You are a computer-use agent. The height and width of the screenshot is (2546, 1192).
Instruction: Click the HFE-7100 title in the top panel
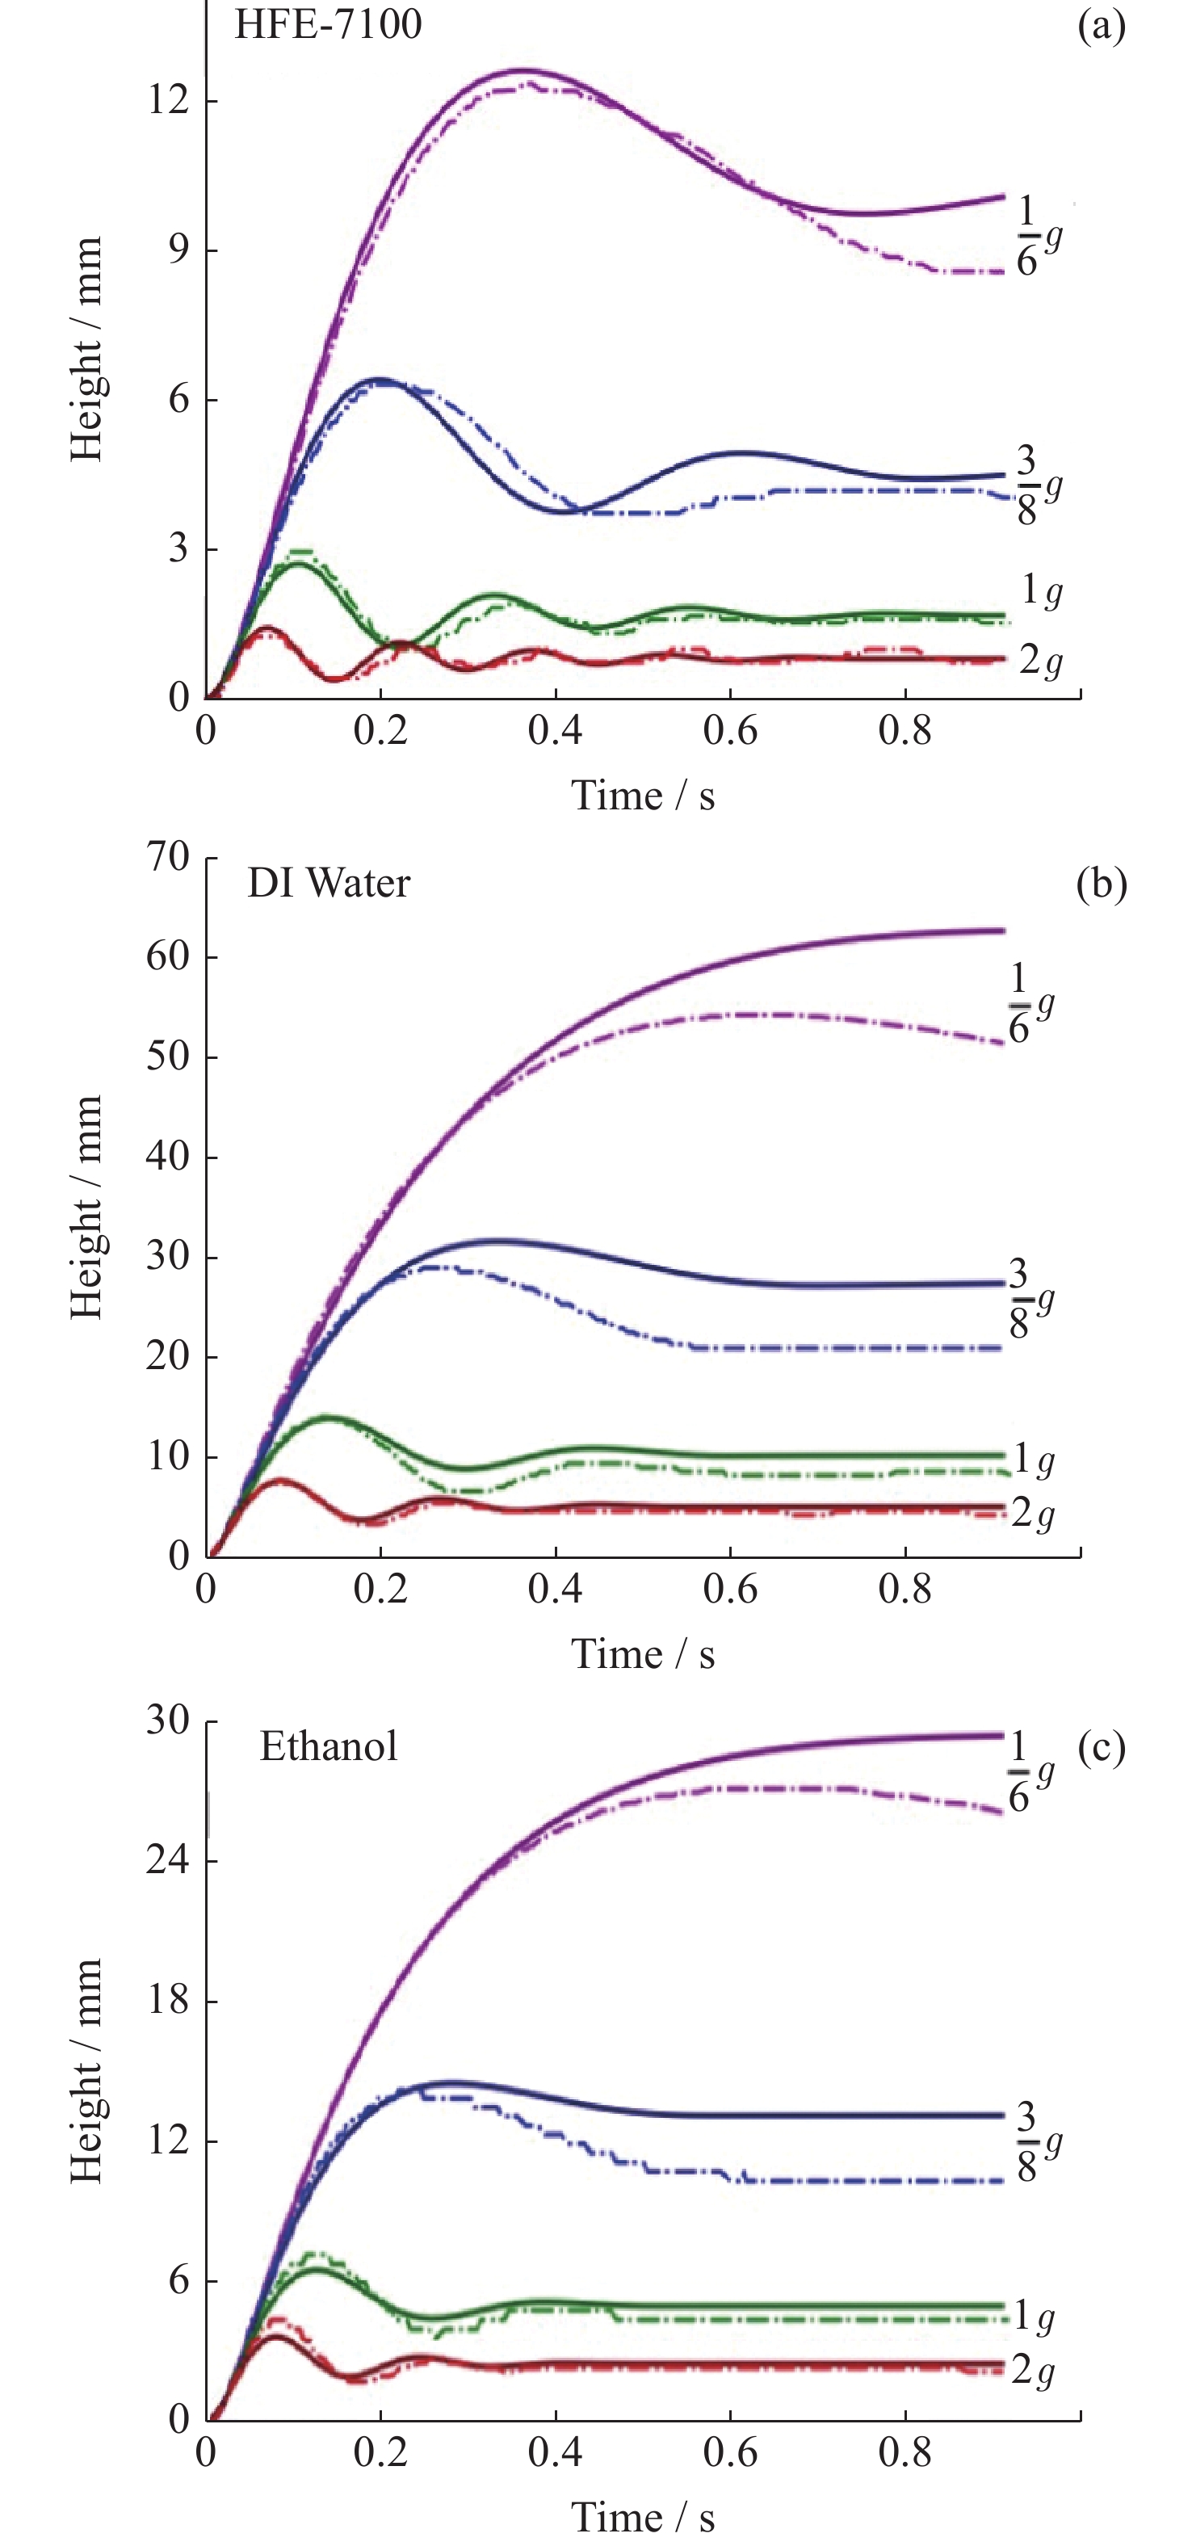(328, 23)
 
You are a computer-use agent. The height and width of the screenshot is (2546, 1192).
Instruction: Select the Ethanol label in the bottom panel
(328, 1746)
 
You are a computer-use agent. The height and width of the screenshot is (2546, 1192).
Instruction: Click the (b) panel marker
(1101, 884)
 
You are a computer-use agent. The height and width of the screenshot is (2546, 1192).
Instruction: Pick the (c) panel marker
(1101, 1747)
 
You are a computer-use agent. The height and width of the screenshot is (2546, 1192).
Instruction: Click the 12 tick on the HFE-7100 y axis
(168, 101)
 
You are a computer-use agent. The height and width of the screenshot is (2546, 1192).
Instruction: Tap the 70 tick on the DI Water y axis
(168, 856)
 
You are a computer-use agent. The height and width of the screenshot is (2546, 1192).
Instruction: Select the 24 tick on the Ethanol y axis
(168, 1860)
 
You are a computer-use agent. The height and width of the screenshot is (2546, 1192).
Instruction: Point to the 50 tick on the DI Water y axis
(168, 1057)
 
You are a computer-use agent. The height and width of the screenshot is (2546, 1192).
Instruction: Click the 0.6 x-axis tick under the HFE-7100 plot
(730, 731)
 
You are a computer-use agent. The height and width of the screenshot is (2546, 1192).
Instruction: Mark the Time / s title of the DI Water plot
(643, 1654)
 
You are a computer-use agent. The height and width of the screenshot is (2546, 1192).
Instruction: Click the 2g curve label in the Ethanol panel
(1033, 2370)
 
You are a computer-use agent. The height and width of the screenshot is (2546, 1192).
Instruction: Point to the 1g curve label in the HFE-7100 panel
(1041, 591)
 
